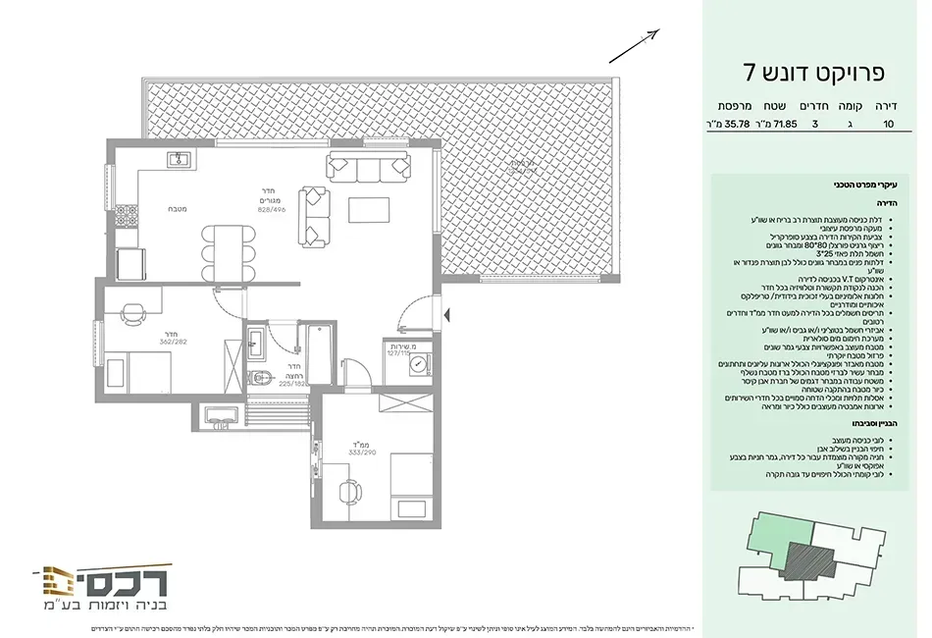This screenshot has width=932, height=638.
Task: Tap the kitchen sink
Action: click(x=180, y=159)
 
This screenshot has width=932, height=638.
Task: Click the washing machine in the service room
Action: click(x=420, y=364)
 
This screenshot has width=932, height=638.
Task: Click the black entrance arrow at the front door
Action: click(x=447, y=314)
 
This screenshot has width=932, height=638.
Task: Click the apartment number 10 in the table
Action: click(x=889, y=125)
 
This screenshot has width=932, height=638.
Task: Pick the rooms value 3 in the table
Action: click(x=814, y=125)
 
